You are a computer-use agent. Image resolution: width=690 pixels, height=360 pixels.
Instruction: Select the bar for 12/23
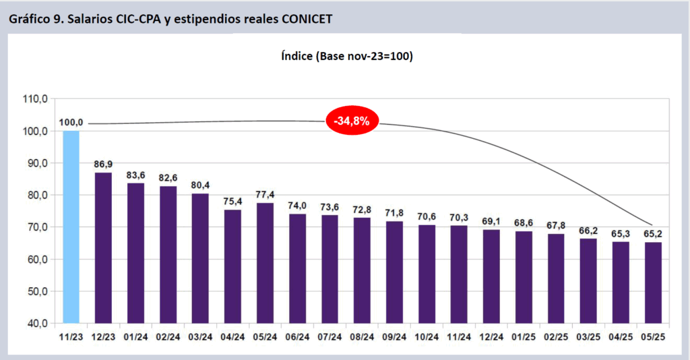tap(103, 247)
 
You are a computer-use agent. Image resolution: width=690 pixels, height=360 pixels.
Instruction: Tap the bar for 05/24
tap(265, 263)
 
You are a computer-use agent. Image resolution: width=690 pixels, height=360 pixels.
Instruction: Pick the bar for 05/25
tap(653, 282)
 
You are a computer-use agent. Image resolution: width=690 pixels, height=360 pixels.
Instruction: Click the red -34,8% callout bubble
tap(352, 121)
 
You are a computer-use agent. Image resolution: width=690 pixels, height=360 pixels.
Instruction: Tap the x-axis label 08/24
tap(362, 336)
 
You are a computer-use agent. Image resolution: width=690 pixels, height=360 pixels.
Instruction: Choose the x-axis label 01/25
tap(524, 336)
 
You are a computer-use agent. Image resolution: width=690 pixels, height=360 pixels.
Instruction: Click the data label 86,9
tap(103, 164)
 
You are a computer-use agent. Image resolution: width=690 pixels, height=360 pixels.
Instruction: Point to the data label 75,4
tap(232, 201)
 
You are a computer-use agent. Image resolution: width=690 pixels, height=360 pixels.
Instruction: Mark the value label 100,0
tap(71, 122)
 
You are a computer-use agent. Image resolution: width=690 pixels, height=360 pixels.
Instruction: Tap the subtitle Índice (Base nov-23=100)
tap(346, 56)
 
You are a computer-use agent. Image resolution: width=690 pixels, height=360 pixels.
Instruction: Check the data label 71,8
tap(394, 212)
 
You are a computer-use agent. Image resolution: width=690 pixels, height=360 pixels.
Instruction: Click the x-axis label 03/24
tap(200, 336)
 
